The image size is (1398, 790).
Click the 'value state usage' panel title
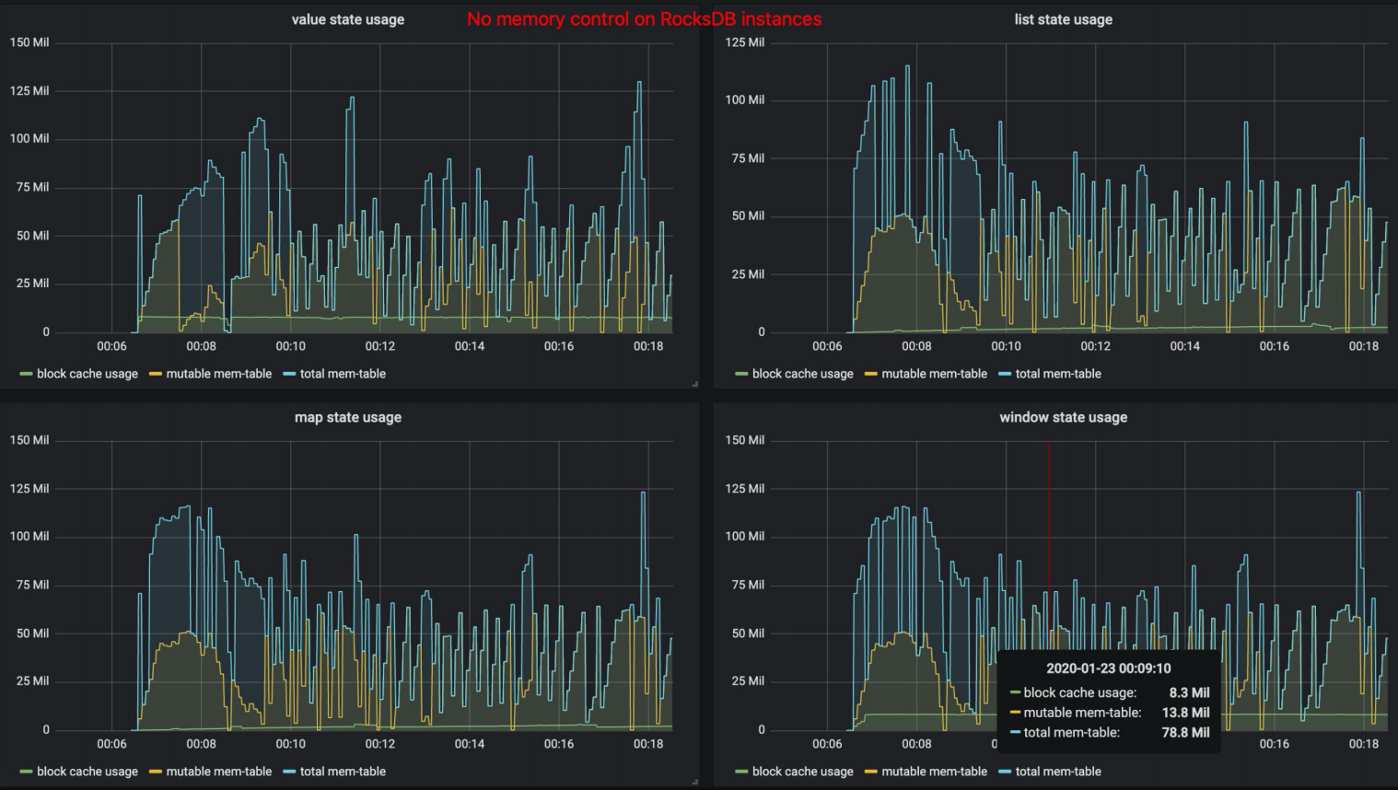click(x=347, y=19)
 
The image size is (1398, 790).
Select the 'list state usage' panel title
click(x=1063, y=19)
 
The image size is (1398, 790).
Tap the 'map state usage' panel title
click(x=347, y=417)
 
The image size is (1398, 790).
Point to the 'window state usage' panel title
click(x=1063, y=417)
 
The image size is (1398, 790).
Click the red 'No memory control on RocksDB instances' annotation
click(x=644, y=19)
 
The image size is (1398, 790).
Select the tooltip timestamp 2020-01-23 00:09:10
click(x=1108, y=668)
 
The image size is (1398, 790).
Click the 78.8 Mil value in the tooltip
click(x=1185, y=733)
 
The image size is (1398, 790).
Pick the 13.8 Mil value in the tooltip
click(x=1185, y=713)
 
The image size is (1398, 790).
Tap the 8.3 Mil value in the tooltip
click(x=1189, y=692)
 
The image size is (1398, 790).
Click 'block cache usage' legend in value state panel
click(x=87, y=374)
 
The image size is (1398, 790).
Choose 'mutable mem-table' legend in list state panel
click(x=934, y=374)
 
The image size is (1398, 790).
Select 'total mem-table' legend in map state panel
click(x=343, y=772)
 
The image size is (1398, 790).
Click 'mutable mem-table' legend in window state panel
click(x=934, y=772)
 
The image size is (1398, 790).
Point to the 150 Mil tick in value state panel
click(x=29, y=42)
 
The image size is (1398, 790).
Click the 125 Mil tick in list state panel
click(x=744, y=42)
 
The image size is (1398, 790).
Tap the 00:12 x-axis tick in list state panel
click(x=1095, y=346)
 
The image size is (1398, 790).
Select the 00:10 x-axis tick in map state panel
click(x=290, y=744)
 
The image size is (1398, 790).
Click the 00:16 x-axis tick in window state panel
click(x=1274, y=744)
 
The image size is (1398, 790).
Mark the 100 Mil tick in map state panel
click(x=29, y=536)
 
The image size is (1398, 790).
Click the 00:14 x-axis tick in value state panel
click(x=469, y=346)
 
